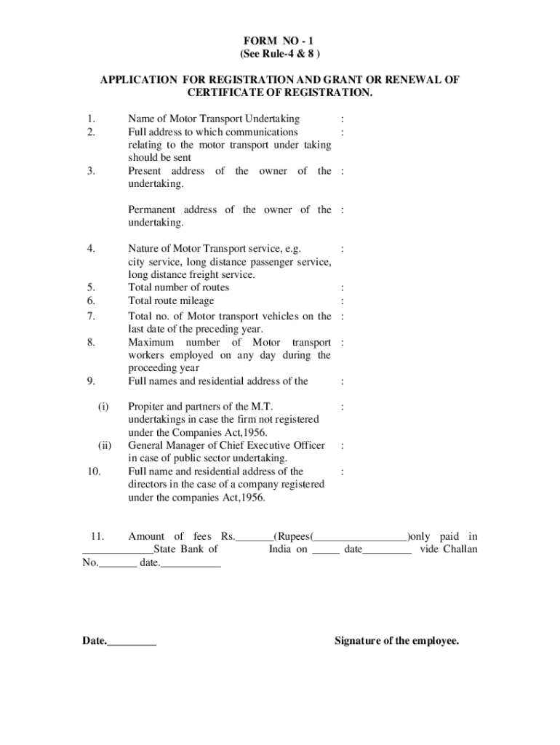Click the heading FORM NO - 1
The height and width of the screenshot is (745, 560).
coord(279,41)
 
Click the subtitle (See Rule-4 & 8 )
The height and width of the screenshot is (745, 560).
coord(279,54)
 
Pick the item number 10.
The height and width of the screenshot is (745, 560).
coord(93,471)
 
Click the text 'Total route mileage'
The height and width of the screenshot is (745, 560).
coord(171,300)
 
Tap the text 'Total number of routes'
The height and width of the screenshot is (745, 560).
coord(178,287)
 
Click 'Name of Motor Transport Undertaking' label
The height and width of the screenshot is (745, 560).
coord(214,119)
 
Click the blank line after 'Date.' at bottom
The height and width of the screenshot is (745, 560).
coord(132,642)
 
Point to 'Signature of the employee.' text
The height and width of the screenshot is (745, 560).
coord(396,641)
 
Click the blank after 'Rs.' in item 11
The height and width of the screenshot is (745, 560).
coord(254,538)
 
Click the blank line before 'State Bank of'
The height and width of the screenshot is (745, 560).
coord(117,551)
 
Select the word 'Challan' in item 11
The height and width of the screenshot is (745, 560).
coord(460,549)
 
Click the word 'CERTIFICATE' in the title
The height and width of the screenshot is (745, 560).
coord(221,93)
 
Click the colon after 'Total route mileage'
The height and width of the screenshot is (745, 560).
coord(343,300)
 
